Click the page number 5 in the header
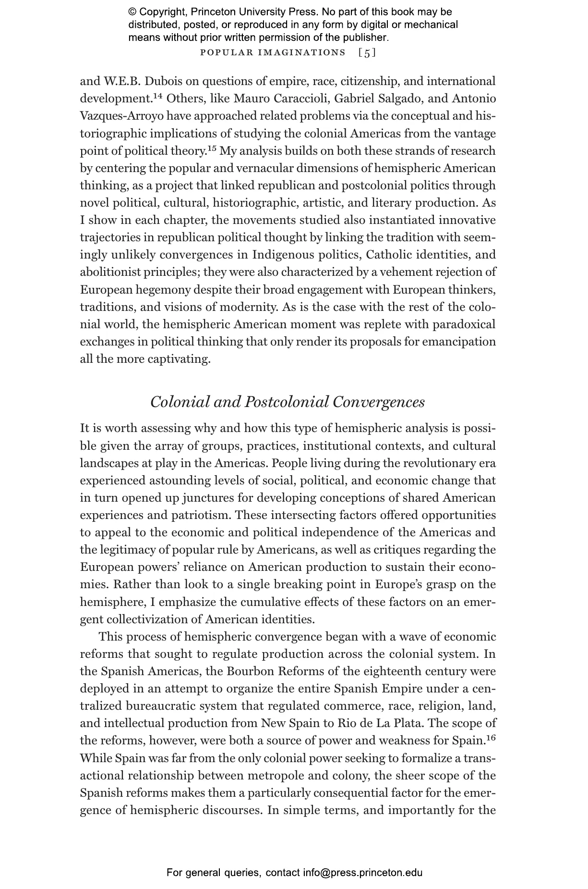367,53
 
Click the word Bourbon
251,671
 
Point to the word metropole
285,776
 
